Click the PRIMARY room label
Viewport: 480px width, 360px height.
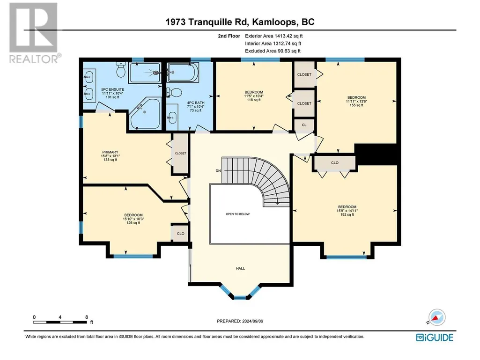110,152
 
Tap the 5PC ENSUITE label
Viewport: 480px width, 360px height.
113,90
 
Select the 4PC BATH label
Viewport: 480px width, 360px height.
196,103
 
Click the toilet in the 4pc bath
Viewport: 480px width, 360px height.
174,92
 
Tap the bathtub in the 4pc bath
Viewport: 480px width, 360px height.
183,72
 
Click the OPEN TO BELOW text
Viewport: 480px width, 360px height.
237,214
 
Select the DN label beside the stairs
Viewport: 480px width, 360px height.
218,171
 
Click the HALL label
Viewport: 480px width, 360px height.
240,268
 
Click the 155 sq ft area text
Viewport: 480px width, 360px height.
356,105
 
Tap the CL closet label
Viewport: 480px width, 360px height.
304,125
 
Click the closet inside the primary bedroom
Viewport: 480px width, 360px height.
180,154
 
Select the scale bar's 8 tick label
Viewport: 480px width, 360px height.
87,317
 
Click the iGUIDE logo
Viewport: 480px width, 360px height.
435,338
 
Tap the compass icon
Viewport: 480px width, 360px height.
436,317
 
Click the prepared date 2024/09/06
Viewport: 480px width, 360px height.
252,321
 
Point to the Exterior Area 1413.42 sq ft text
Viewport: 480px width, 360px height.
273,36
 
